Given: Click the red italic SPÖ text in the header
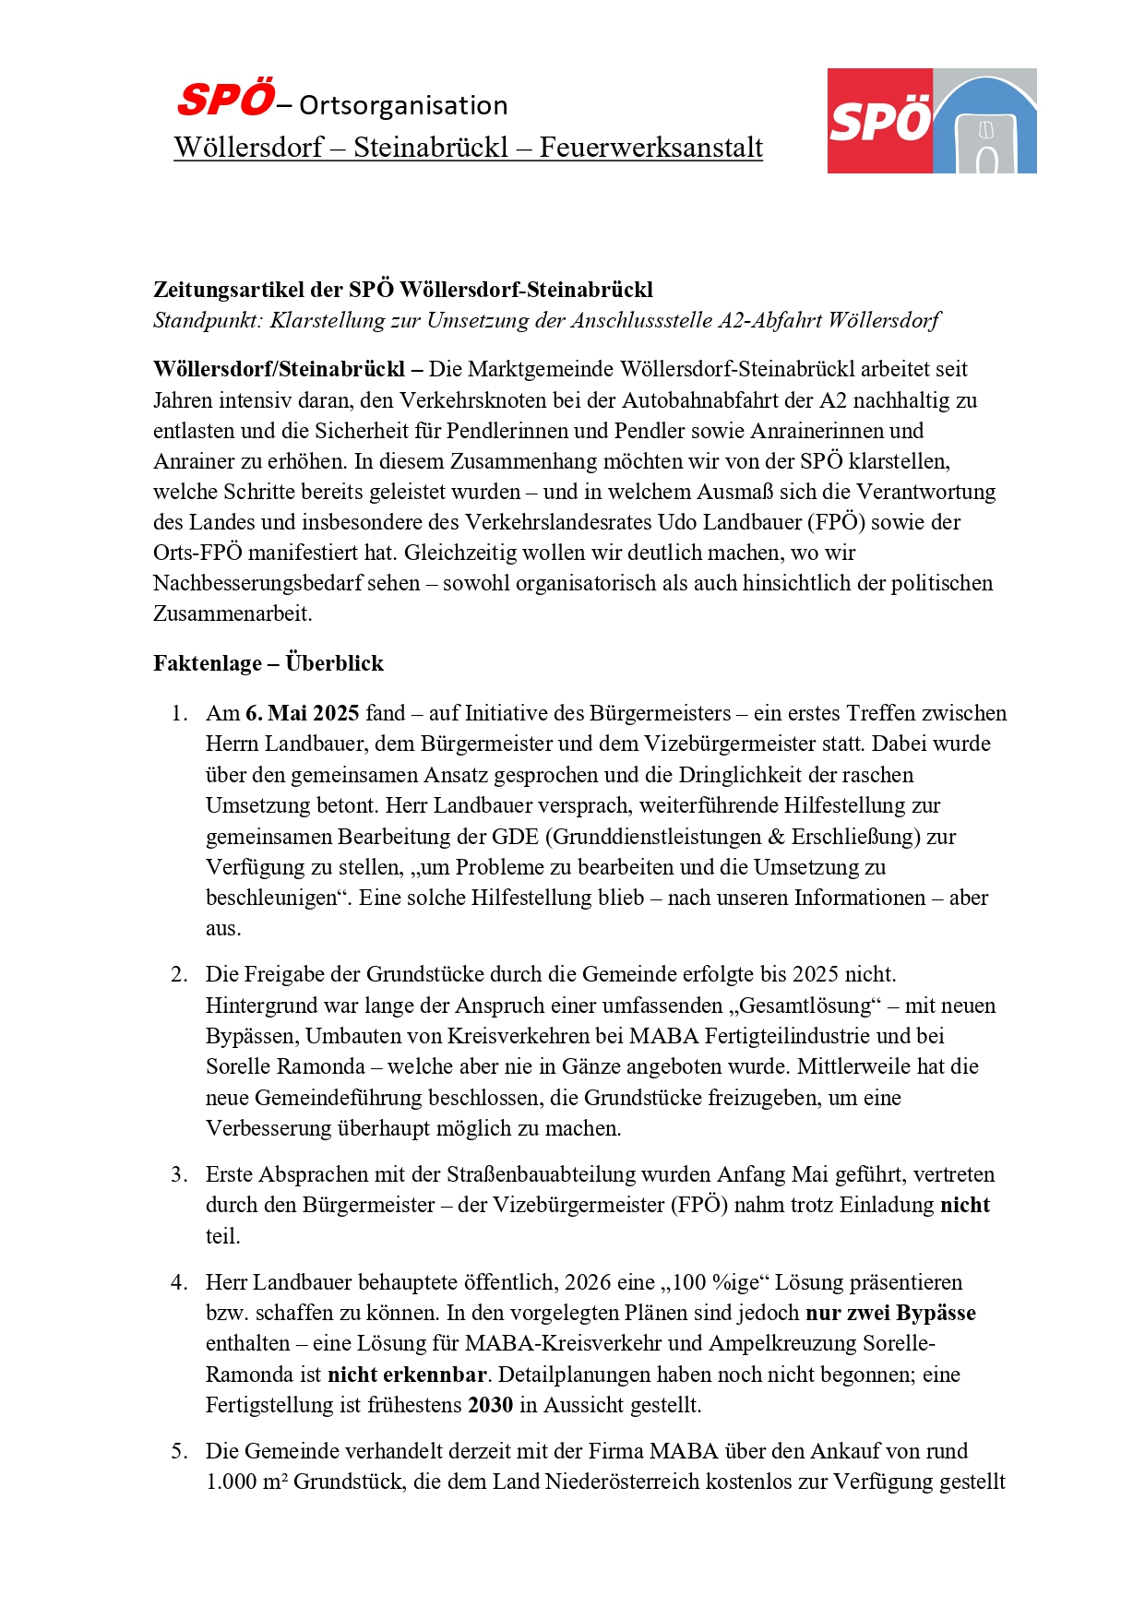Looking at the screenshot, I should [x=226, y=100].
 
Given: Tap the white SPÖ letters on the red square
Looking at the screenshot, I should [x=880, y=121].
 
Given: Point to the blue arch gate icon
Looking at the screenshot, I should [x=985, y=125].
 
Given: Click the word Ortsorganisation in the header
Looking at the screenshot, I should [x=403, y=106].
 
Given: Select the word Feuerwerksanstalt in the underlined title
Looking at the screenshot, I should [x=650, y=148].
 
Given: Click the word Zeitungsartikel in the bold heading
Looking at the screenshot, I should [x=229, y=290].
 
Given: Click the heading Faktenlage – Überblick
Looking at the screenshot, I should [x=268, y=663].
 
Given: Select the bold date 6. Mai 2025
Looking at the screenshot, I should [x=302, y=713].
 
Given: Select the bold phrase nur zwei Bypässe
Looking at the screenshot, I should [x=890, y=1314].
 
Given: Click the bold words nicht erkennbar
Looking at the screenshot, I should [x=406, y=1375].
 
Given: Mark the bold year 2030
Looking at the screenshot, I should [x=490, y=1405].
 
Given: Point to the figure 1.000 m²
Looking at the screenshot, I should [x=246, y=1482].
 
